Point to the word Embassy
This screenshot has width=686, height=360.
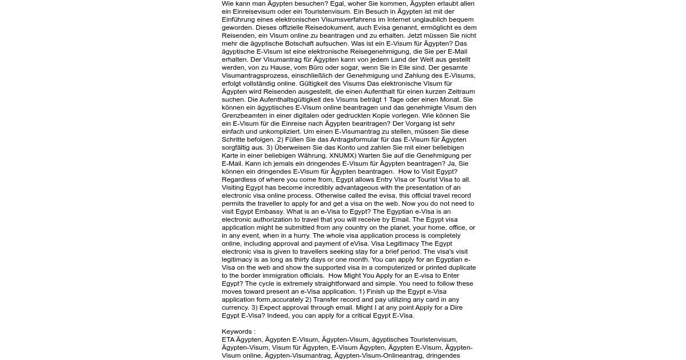269,211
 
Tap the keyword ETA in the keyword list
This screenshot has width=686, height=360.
228,339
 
